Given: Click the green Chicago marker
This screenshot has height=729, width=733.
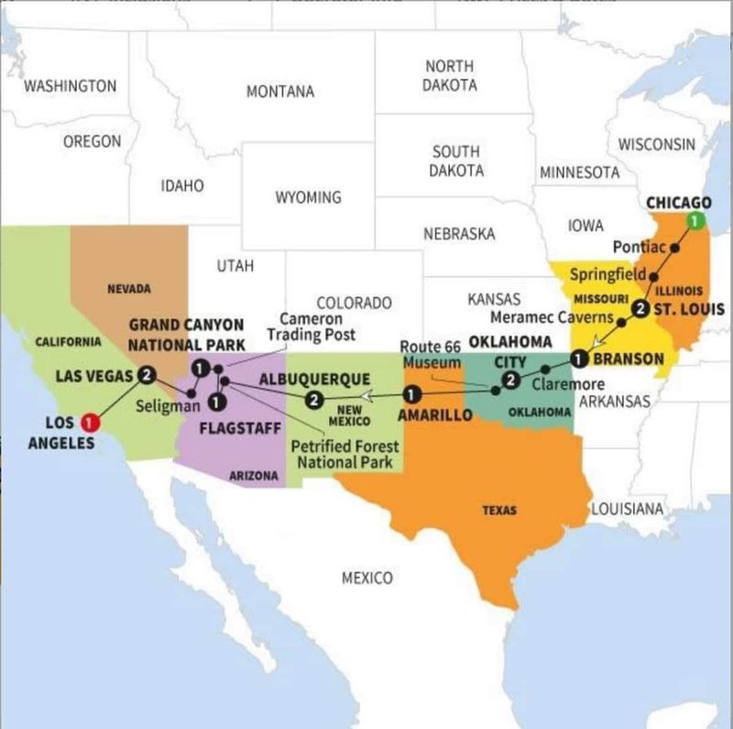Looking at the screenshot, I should (695, 220).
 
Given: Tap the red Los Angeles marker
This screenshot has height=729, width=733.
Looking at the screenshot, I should (89, 423).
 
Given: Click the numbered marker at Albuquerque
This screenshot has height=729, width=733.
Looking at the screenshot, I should (313, 399).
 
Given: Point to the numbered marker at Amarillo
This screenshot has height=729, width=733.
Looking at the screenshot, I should (412, 395).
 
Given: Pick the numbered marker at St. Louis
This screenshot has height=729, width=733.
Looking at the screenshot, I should (640, 308).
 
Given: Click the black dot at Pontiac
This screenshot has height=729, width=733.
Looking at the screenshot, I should (674, 248).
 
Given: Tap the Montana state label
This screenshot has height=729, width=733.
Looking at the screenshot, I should (279, 92).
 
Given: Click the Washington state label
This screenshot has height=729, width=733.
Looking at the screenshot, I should (70, 86).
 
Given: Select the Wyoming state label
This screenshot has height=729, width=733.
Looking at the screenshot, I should (308, 197).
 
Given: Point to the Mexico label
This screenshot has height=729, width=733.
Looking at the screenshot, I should (366, 578).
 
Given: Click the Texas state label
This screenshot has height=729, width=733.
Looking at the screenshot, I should (499, 510).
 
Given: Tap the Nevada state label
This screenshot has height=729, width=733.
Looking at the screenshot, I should (129, 289).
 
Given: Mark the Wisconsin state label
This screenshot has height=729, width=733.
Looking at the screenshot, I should (656, 144).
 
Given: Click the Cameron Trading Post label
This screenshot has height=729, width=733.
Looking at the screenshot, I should (312, 326).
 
